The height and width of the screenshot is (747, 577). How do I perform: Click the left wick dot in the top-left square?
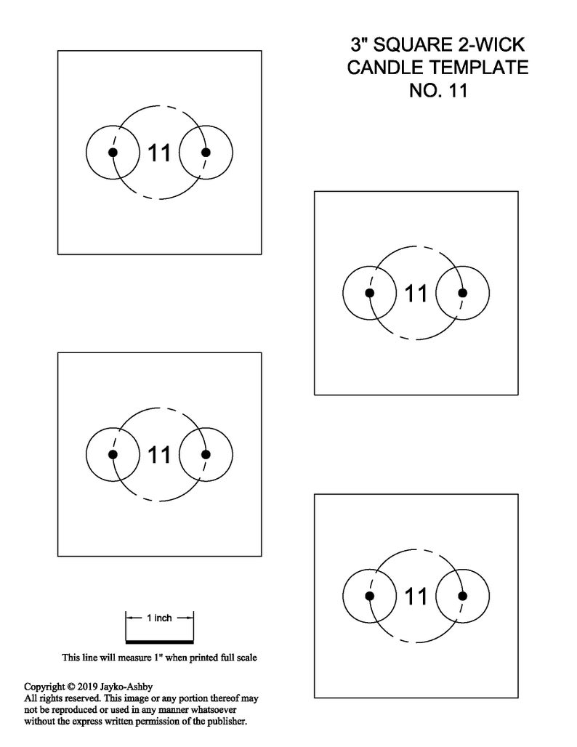[x=113, y=153]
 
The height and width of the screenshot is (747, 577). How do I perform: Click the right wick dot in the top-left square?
[x=206, y=153]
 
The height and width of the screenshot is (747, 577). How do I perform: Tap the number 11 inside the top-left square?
[x=159, y=153]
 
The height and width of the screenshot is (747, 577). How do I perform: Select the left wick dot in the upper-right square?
[x=370, y=293]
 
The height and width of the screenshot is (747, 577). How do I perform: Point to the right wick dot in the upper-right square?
[x=462, y=293]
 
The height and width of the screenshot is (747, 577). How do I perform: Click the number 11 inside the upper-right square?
[x=416, y=294]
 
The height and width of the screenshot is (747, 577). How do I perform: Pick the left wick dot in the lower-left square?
[x=113, y=454]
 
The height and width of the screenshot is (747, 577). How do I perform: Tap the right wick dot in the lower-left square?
[x=206, y=454]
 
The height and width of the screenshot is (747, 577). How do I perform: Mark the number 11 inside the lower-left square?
[x=159, y=454]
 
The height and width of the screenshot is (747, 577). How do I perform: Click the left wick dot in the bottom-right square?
[x=370, y=596]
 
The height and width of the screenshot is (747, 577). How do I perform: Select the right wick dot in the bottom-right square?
[x=462, y=596]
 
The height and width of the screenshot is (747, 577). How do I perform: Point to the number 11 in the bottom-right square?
[x=416, y=596]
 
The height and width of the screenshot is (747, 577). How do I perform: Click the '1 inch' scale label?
[x=159, y=618]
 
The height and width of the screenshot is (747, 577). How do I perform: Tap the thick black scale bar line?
[x=159, y=642]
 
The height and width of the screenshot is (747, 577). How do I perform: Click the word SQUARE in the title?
[x=413, y=45]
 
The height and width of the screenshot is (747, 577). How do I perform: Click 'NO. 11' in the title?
[x=438, y=90]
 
